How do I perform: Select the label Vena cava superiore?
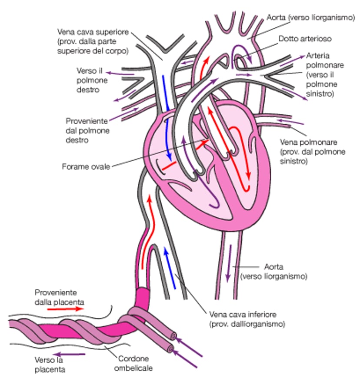[x=93, y=41]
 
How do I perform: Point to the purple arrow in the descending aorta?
[x=229, y=267]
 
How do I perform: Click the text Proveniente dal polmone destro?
[x=87, y=130]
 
